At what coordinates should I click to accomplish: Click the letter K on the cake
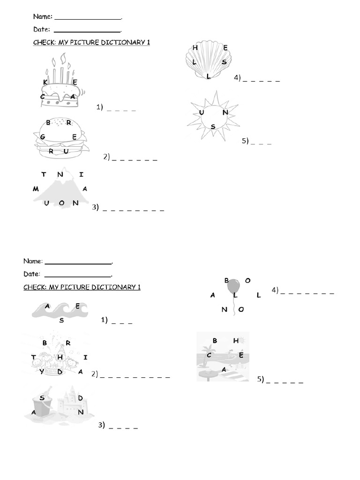45,82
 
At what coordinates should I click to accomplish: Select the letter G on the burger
43,137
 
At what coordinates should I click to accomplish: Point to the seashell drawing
208,60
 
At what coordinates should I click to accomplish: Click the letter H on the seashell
195,48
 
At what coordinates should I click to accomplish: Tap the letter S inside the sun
213,127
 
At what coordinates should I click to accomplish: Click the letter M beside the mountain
36,189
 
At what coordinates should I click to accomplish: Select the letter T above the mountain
44,174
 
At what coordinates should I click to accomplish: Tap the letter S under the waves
61,321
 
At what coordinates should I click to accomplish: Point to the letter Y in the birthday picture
42,372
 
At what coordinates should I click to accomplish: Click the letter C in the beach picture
209,355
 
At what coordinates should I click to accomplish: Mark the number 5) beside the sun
245,141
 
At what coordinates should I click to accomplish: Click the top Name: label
42,17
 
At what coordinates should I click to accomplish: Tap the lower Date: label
32,274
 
